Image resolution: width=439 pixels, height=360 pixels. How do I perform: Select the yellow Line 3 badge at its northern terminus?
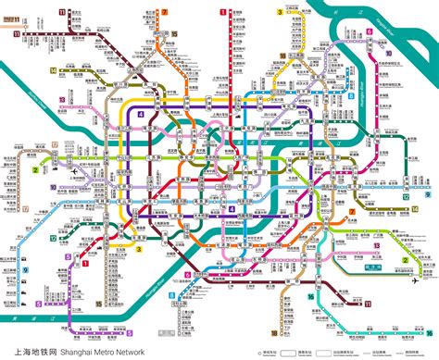278,11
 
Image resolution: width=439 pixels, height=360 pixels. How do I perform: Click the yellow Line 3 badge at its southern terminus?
137,247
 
